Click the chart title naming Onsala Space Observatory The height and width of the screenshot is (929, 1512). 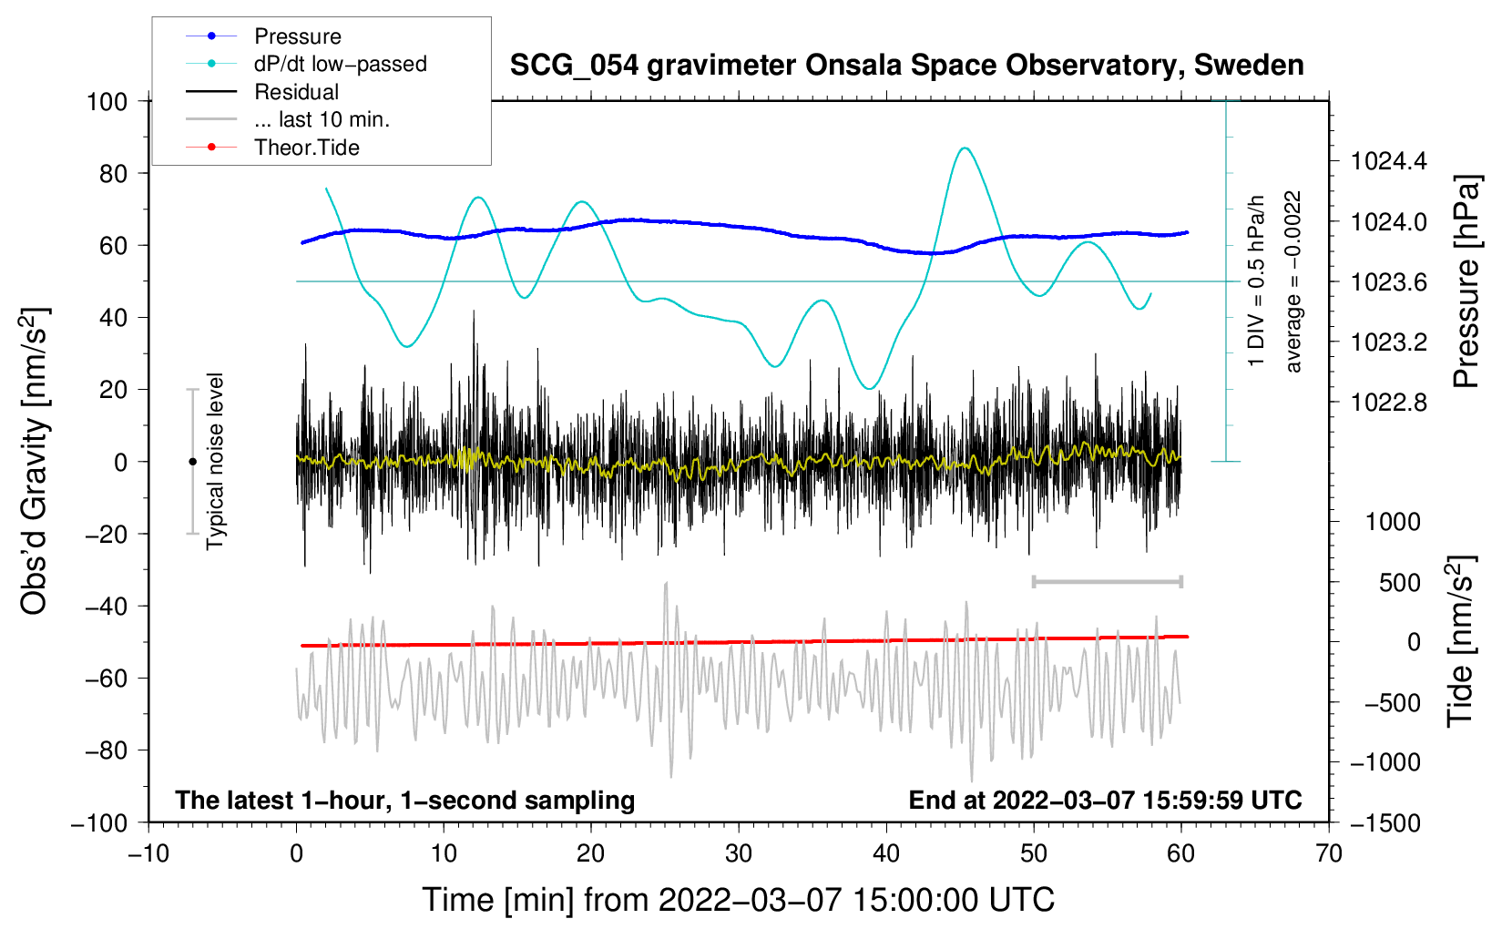pyautogui.click(x=906, y=66)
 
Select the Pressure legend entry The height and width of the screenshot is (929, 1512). pyautogui.click(x=297, y=36)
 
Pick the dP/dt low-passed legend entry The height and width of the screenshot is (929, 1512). pyautogui.click(x=340, y=64)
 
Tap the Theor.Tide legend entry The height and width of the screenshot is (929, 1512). pyautogui.click(x=306, y=148)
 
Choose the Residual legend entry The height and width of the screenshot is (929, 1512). pyautogui.click(x=296, y=92)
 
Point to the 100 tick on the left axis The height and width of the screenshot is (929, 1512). pyautogui.click(x=107, y=101)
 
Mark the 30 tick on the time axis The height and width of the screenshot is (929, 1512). pyautogui.click(x=739, y=853)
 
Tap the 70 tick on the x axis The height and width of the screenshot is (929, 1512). pyautogui.click(x=1329, y=853)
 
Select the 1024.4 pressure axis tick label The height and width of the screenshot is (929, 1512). pyautogui.click(x=1389, y=162)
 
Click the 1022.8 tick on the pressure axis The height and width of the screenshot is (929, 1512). pyautogui.click(x=1389, y=403)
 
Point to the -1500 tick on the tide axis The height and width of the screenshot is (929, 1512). pyautogui.click(x=1385, y=822)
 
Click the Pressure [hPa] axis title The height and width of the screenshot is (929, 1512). pyautogui.click(x=1466, y=282)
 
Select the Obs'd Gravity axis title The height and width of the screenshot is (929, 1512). pyautogui.click(x=35, y=461)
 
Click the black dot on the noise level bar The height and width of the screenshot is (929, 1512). pyautogui.click(x=192, y=462)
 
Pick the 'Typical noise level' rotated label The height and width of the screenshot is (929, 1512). pyautogui.click(x=215, y=461)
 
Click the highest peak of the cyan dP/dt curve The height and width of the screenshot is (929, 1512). pyautogui.click(x=965, y=148)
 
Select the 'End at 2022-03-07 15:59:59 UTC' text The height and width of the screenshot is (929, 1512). pyautogui.click(x=1105, y=800)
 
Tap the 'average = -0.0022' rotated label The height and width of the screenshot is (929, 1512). pyautogui.click(x=1293, y=281)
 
